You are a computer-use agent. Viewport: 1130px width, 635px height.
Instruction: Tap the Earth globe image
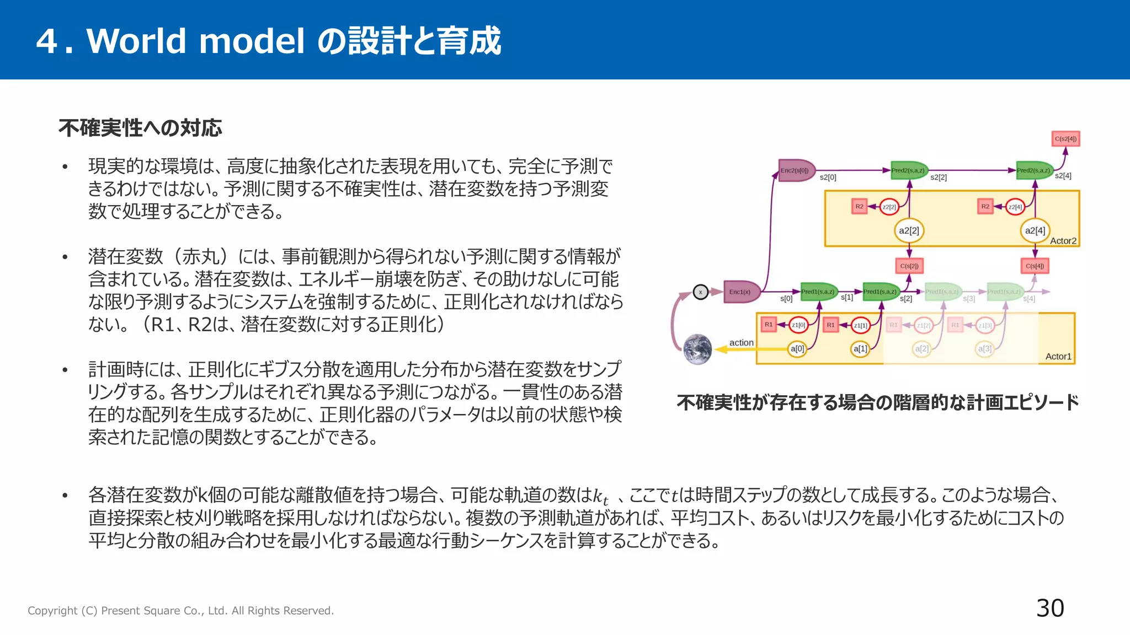[x=697, y=349]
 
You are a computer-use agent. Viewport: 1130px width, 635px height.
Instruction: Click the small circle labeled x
[x=700, y=292]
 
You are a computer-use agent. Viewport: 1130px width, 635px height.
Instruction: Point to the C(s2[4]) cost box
[x=1065, y=139]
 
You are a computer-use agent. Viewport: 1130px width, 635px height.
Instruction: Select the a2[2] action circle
[x=909, y=230]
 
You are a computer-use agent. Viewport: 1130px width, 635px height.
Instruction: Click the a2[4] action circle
[x=1035, y=230]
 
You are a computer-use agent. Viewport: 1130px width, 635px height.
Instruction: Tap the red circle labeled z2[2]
[x=889, y=207]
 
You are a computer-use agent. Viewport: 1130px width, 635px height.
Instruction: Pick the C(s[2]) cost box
[x=909, y=266]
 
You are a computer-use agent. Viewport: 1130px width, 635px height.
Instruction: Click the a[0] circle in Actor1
[x=797, y=348]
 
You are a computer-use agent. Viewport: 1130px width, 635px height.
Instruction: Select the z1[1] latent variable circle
[x=860, y=325]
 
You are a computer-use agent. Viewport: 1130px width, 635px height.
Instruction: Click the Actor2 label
[x=1063, y=241]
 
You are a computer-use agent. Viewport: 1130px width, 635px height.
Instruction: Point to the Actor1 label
[x=1058, y=357]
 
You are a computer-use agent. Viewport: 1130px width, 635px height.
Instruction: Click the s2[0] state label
[x=828, y=177]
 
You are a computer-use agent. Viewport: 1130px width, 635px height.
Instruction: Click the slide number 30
[x=1049, y=608]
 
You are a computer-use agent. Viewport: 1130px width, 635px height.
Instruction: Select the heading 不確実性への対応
[x=140, y=128]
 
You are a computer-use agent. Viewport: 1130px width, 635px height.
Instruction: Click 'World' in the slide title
[x=136, y=41]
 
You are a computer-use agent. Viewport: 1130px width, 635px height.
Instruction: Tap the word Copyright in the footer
[x=52, y=611]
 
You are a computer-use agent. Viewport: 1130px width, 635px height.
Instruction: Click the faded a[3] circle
[x=984, y=348]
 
